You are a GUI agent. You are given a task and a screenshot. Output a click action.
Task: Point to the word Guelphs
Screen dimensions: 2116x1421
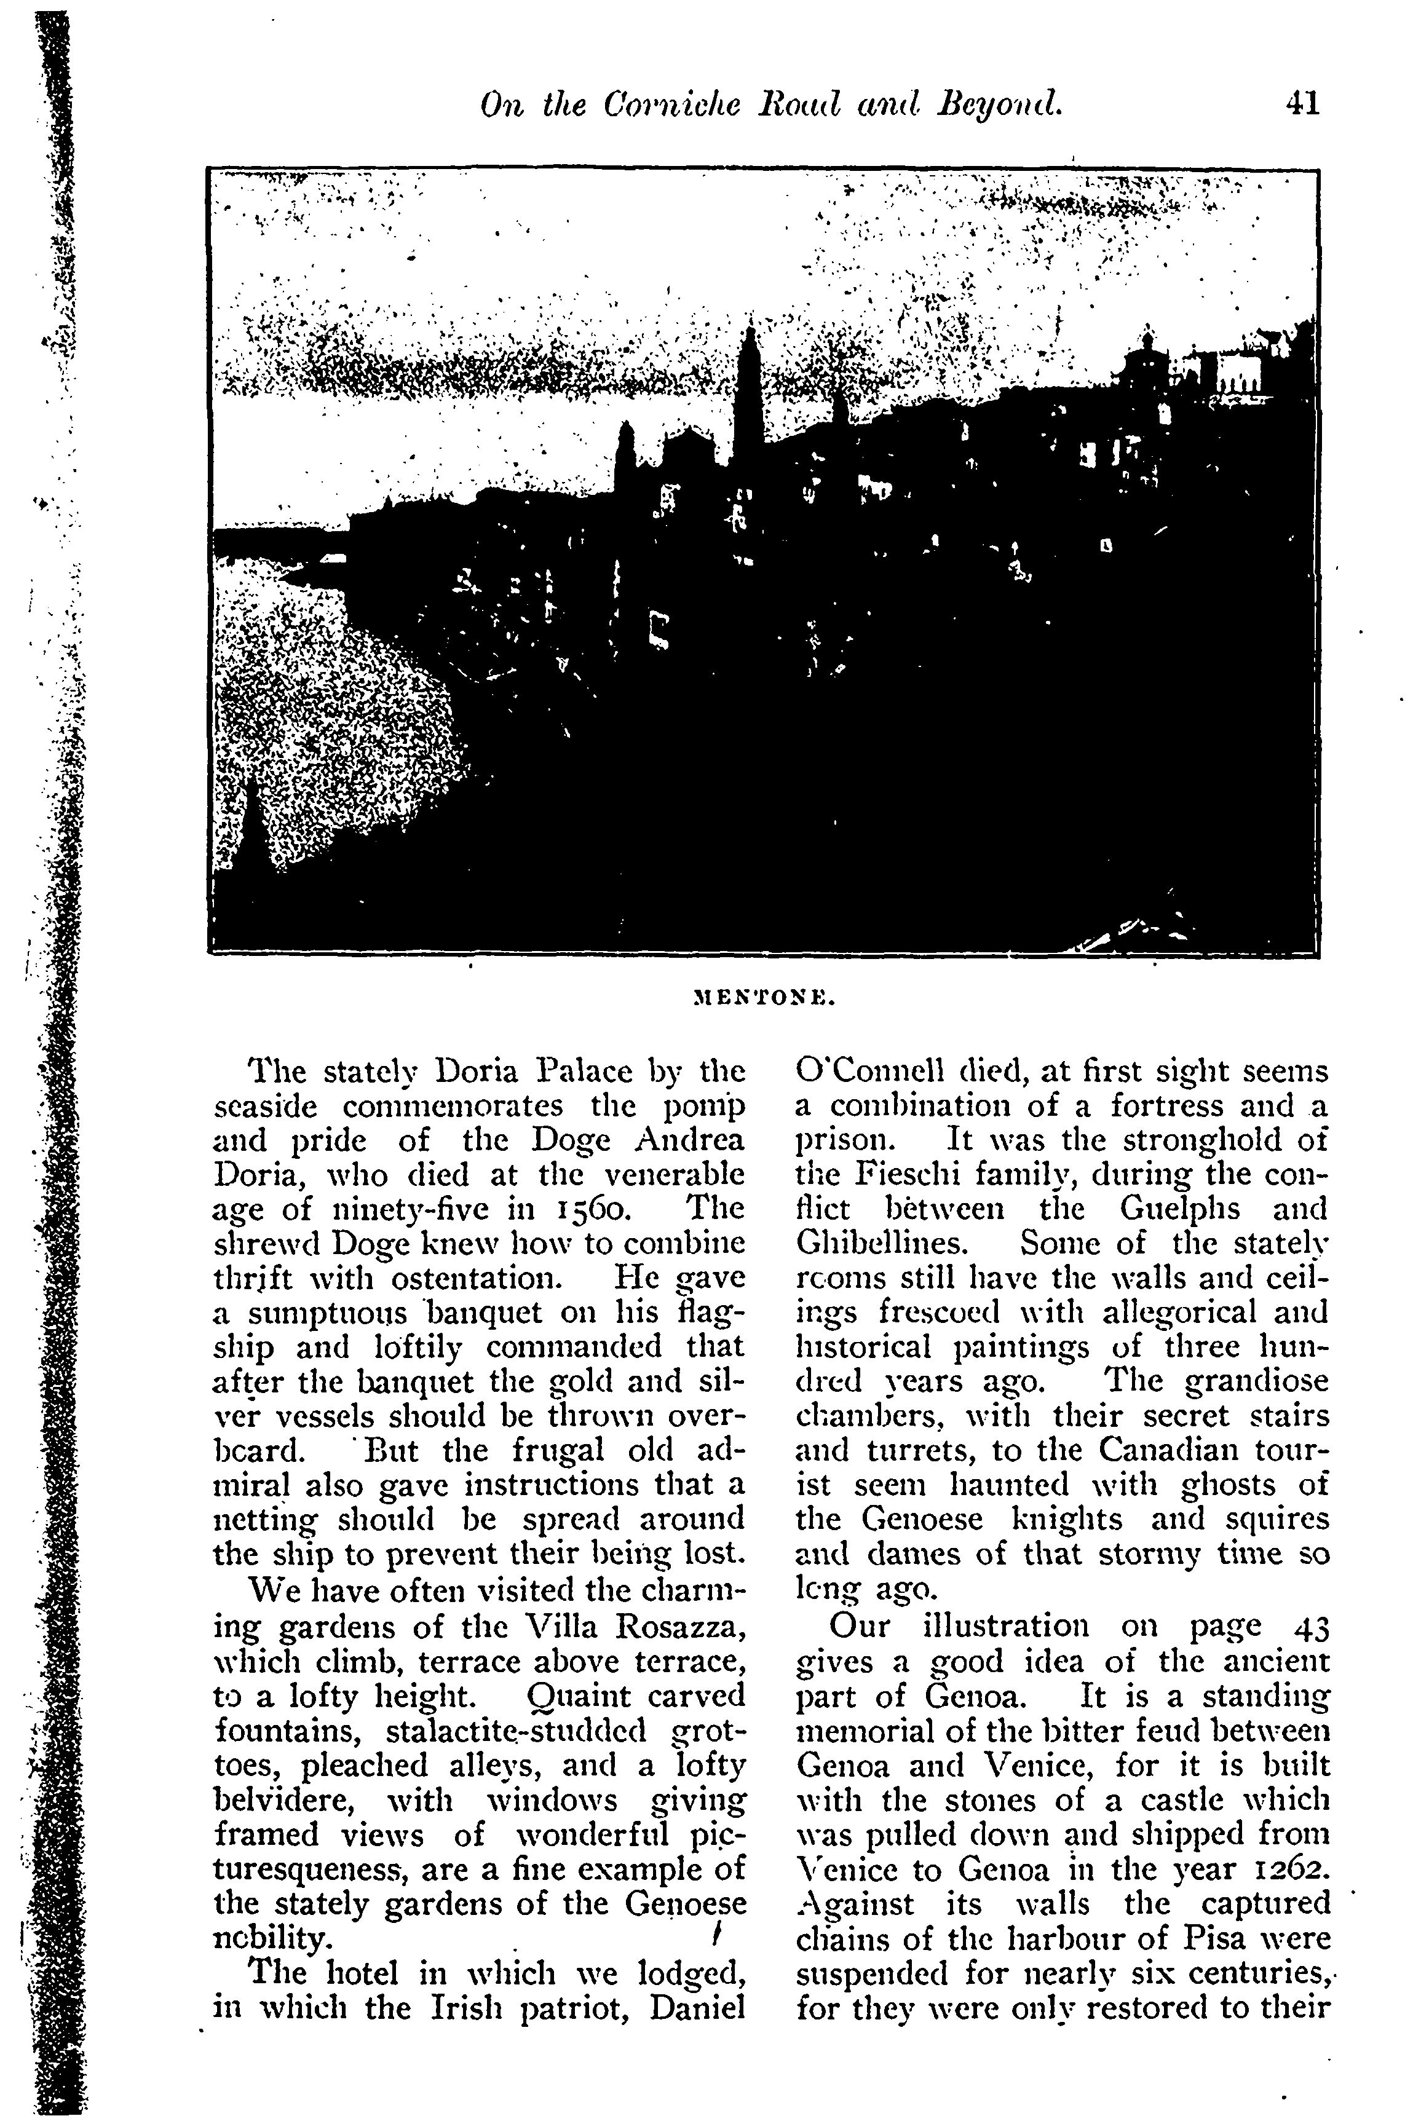(x=1176, y=1209)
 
